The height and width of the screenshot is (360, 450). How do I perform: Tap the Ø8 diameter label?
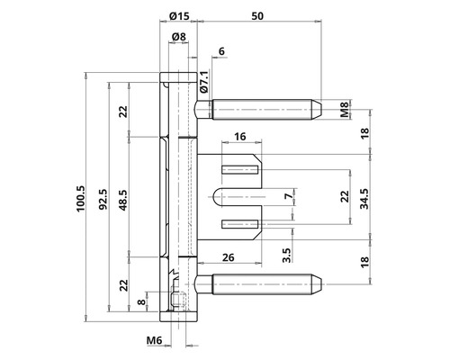(177, 37)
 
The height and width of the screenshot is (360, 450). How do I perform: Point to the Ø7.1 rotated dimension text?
(204, 82)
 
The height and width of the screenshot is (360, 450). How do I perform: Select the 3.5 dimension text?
(286, 256)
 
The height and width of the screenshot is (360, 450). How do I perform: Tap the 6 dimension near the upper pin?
(221, 53)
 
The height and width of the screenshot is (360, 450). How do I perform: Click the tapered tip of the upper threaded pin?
(316, 111)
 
